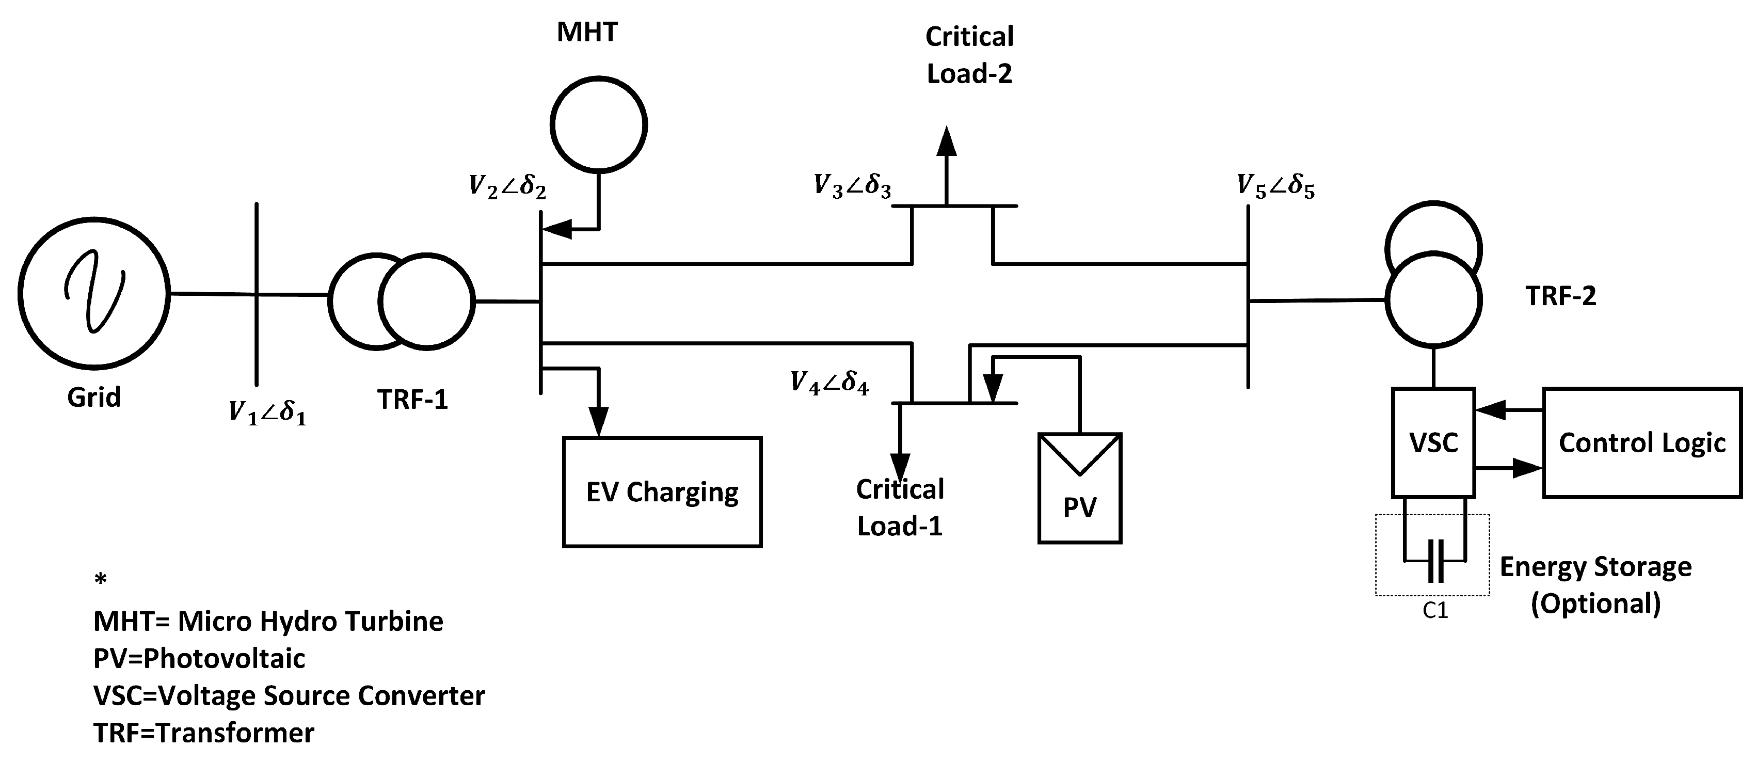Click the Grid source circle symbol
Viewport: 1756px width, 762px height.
(94, 294)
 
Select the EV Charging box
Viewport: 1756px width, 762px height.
(662, 492)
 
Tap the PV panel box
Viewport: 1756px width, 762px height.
(1080, 488)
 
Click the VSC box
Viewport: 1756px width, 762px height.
(1433, 442)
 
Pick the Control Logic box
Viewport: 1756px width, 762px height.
(1641, 443)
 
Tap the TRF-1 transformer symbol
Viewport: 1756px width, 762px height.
(402, 301)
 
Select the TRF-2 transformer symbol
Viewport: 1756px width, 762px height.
(1433, 276)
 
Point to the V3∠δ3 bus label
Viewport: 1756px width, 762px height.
(852, 185)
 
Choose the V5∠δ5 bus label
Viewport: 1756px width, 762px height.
(1275, 185)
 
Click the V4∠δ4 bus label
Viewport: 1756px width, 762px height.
(829, 383)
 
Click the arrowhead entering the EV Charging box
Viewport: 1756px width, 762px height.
(599, 422)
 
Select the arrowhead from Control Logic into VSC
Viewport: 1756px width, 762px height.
(1490, 410)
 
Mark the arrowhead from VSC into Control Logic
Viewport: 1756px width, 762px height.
(1527, 468)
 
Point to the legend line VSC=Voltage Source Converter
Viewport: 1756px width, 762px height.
(289, 696)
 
